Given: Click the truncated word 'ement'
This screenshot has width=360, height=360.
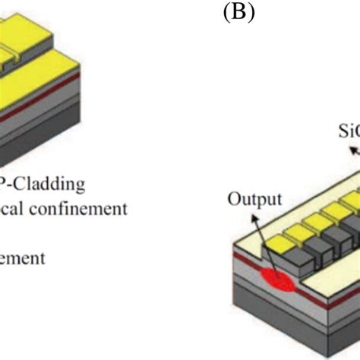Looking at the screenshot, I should [x=22, y=257].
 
